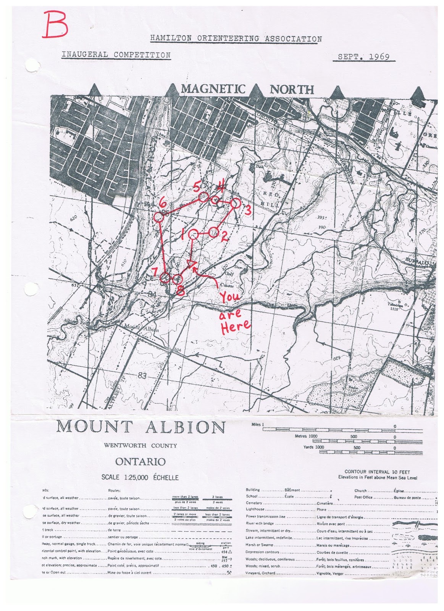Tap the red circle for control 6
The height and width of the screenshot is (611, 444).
click(158, 217)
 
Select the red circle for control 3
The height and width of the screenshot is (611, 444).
click(236, 204)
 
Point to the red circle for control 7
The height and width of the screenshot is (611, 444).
click(165, 278)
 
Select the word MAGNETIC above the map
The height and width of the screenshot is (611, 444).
click(213, 89)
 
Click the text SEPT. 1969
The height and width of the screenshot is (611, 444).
click(364, 57)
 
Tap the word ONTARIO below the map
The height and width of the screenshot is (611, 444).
click(140, 462)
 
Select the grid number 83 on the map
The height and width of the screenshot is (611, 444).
click(142, 376)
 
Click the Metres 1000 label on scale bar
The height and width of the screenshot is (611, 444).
click(306, 436)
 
